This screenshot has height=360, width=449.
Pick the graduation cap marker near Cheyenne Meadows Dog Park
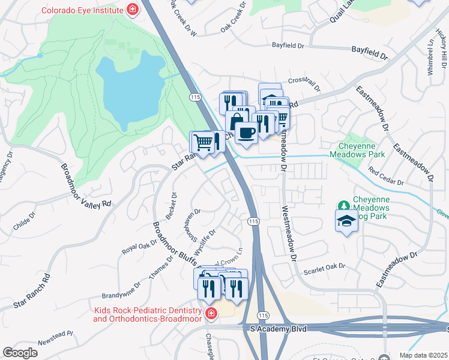coord(346,221)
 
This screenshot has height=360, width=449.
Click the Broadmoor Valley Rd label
coord(86,185)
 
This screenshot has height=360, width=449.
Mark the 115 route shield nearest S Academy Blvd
coord(262,314)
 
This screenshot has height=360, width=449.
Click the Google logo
coord(20,353)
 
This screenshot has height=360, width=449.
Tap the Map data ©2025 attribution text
coord(423,355)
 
